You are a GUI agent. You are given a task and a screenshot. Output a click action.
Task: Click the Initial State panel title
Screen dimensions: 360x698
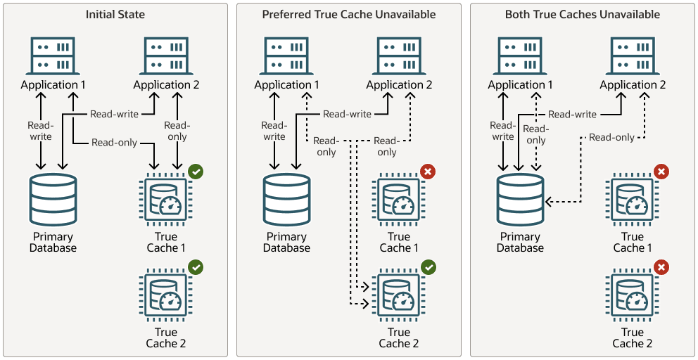coord(115,14)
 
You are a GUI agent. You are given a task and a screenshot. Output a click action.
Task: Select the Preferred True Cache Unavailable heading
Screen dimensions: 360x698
coord(349,14)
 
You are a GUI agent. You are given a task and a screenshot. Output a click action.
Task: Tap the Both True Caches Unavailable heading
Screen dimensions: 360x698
coord(583,14)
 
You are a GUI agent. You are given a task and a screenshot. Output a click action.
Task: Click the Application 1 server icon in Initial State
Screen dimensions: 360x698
coord(53,56)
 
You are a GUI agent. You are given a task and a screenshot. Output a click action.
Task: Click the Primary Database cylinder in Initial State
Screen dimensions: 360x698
coord(53,200)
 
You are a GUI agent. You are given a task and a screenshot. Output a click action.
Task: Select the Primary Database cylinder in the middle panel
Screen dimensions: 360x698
coord(286,200)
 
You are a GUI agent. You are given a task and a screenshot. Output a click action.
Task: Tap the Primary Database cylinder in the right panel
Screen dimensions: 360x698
coord(520,200)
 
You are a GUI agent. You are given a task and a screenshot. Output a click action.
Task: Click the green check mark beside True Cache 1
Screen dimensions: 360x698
coord(196,171)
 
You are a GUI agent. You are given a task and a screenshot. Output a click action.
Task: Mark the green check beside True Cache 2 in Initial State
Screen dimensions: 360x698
coord(196,267)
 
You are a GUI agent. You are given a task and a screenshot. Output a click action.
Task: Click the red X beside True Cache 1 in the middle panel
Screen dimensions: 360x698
coord(428,171)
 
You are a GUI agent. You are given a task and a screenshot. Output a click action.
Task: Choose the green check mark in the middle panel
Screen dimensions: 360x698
coord(428,267)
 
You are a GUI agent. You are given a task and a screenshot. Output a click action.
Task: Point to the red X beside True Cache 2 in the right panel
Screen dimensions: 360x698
coord(661,267)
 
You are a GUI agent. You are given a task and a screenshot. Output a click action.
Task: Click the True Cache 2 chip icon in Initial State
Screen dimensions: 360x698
coord(166,296)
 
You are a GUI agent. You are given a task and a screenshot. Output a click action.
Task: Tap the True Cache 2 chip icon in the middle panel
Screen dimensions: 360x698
coord(399,296)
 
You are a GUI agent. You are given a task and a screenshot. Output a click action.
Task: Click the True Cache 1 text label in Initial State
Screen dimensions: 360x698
coord(166,243)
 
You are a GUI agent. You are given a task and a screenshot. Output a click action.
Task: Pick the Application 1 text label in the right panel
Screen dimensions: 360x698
coord(520,85)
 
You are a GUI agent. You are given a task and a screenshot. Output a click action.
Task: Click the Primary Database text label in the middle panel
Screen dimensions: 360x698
coord(286,243)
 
